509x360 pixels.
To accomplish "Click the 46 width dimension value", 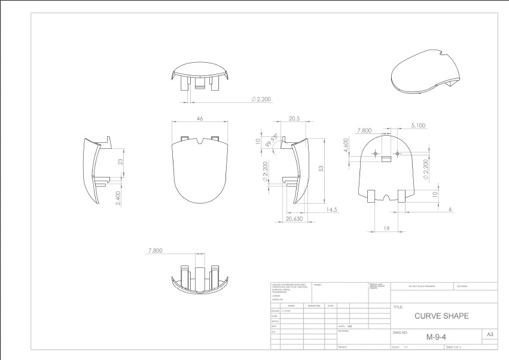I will tap(200, 119).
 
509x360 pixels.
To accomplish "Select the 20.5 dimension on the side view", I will tap(294, 119).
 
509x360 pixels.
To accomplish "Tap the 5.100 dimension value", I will tap(418, 125).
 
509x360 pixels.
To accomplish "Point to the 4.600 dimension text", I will tap(346, 147).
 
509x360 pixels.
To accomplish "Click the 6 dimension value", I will tap(449, 209).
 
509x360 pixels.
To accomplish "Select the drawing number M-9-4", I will tap(437, 337).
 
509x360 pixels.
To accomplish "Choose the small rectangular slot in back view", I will tap(386, 158).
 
